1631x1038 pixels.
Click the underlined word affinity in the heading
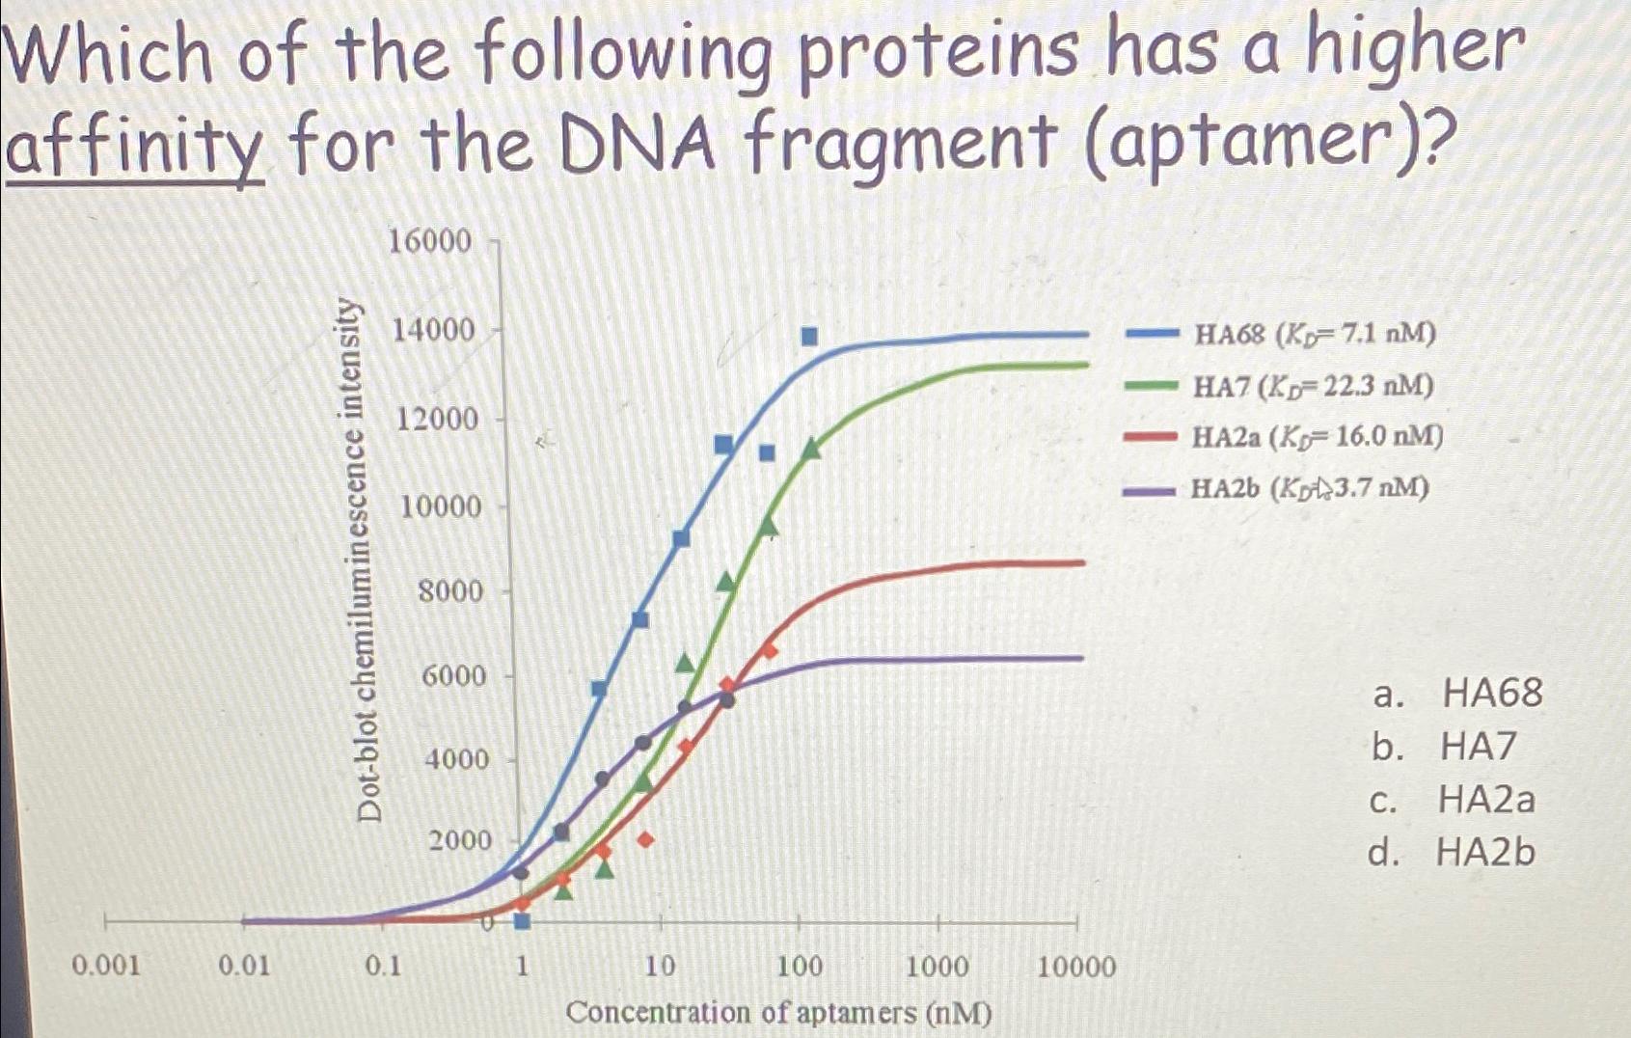tap(135, 150)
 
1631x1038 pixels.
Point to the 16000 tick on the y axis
tap(429, 241)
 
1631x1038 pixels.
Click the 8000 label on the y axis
tap(449, 590)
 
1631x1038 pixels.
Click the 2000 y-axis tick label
tap(460, 840)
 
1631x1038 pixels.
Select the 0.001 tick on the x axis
tap(106, 966)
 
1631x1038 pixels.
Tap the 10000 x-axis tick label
tap(1075, 967)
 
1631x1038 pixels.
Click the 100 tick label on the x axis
tap(799, 966)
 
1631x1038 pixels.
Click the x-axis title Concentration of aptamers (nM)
tap(778, 1013)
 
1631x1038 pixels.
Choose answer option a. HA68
tap(1457, 693)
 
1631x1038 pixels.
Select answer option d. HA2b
tap(1451, 853)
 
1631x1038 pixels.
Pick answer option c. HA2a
tap(1452, 800)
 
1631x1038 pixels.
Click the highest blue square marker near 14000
tap(809, 336)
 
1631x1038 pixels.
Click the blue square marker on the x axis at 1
tap(522, 921)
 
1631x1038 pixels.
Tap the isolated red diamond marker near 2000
tap(645, 840)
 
